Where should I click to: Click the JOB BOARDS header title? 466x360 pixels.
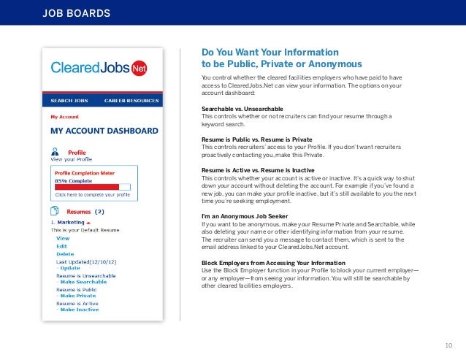pyautogui.click(x=77, y=13)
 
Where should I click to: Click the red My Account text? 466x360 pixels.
pyautogui.click(x=65, y=115)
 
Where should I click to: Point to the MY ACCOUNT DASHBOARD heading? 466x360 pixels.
pyautogui.click(x=104, y=131)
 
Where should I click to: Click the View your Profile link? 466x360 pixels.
pyautogui.click(x=71, y=158)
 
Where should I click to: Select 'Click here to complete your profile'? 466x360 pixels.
pyautogui.click(x=93, y=195)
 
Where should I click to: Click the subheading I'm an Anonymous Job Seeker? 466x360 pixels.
pyautogui.click(x=245, y=217)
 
